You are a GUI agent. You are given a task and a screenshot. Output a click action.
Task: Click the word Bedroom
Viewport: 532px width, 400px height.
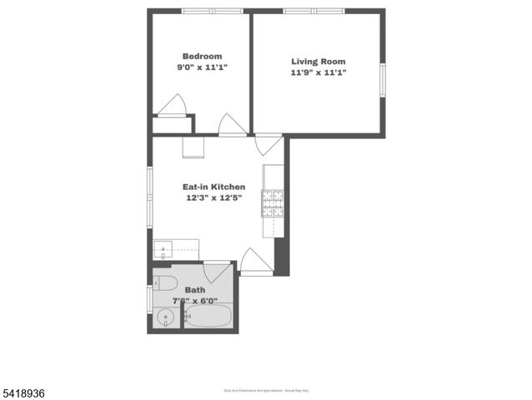coord(202,57)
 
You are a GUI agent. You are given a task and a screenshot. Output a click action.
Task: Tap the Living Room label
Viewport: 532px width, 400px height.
coord(318,62)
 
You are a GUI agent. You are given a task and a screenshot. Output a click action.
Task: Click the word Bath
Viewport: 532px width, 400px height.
coord(194,290)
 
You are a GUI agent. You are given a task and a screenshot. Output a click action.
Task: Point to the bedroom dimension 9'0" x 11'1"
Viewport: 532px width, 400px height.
coord(202,67)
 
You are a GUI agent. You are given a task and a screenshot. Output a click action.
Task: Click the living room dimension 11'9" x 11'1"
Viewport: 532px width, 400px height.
coord(318,72)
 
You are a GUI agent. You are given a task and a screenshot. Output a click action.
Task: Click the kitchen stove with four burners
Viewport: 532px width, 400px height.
coord(273,202)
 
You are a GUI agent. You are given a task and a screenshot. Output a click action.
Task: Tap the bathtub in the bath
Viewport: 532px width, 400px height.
coord(208,316)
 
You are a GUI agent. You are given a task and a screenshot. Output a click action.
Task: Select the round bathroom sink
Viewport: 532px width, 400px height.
coord(165,317)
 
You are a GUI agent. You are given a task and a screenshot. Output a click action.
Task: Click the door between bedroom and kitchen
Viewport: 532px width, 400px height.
coord(232,124)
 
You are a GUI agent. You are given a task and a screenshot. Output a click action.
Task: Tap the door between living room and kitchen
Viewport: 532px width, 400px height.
coord(269,144)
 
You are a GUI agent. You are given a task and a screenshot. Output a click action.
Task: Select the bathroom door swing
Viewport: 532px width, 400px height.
coord(218,272)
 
